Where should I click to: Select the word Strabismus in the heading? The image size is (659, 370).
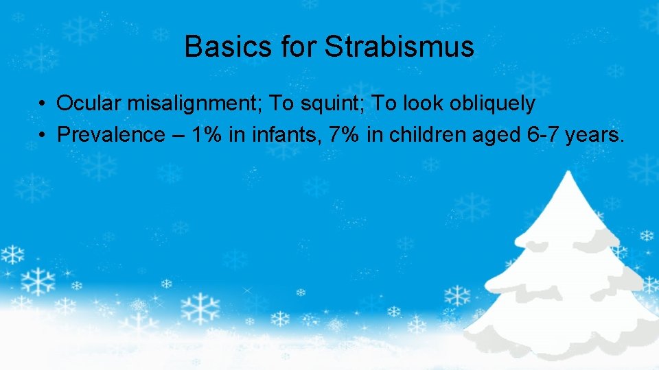pyautogui.click(x=399, y=47)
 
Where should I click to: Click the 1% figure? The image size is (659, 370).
pyautogui.click(x=207, y=134)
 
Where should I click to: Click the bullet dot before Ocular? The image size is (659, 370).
pyautogui.click(x=43, y=104)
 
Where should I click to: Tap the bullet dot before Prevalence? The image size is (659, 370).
pyautogui.click(x=43, y=134)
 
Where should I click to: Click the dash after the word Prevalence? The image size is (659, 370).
pyautogui.click(x=178, y=135)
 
